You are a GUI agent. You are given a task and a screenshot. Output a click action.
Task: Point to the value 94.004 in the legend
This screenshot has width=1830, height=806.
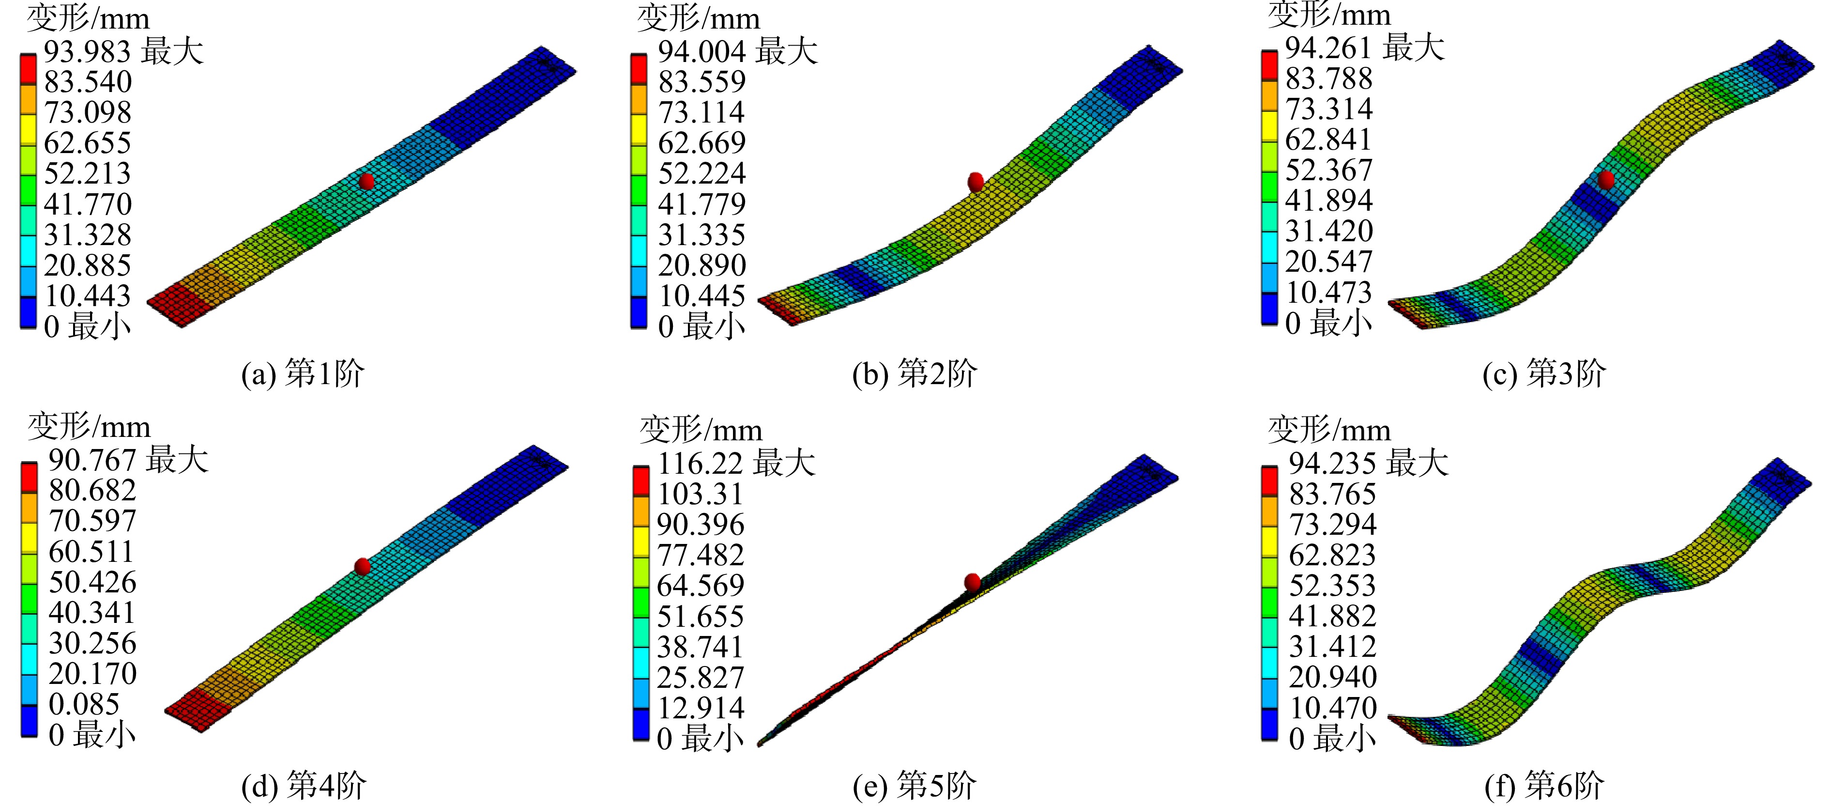coord(702,52)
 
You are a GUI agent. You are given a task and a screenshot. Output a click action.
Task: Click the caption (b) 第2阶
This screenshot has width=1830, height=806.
coord(915,373)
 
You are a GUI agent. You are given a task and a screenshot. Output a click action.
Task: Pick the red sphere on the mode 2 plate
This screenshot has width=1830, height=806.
coord(976,182)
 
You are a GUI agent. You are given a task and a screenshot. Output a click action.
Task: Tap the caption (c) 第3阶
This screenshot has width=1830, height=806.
coord(1544,373)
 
